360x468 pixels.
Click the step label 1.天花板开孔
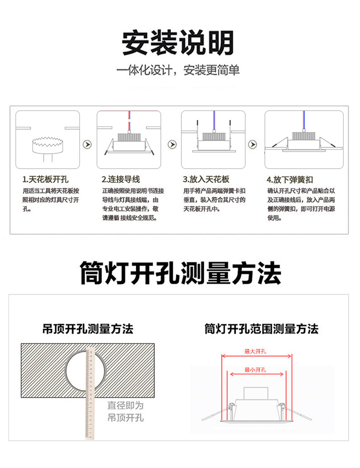(x=46, y=180)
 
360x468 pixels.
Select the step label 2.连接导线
(x=121, y=180)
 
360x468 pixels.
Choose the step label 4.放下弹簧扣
(x=290, y=180)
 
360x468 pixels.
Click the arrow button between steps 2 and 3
(x=172, y=145)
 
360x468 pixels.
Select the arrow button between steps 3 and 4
(x=252, y=145)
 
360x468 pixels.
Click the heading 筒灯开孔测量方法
(x=180, y=273)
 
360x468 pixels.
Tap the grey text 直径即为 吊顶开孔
(x=125, y=411)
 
